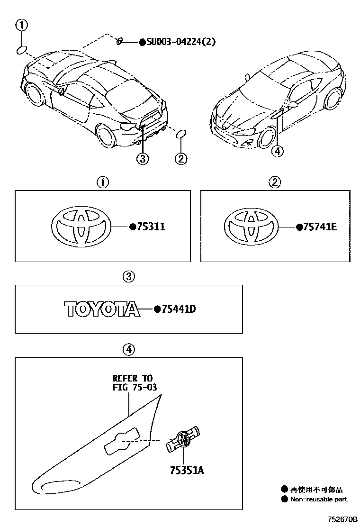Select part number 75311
(151, 227)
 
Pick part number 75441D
(179, 309)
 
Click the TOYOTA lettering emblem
(102, 309)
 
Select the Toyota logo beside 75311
(82, 227)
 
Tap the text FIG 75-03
(135, 387)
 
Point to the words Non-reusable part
(319, 499)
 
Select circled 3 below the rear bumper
(143, 159)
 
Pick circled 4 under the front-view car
(278, 151)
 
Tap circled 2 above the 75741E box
(274, 182)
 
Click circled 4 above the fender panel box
(128, 350)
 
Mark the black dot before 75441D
(157, 309)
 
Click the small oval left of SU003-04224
(120, 42)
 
